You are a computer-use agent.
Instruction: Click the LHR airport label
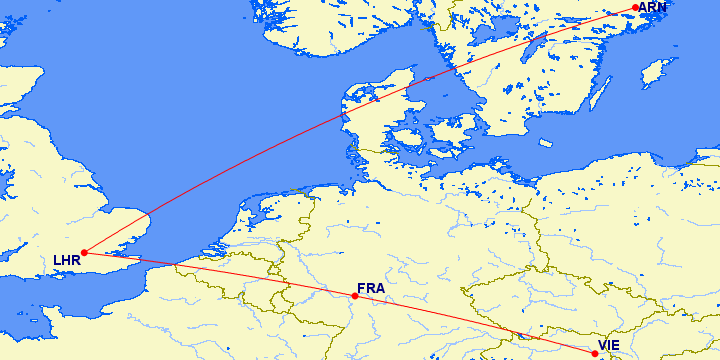(66, 262)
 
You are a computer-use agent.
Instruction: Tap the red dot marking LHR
(84, 252)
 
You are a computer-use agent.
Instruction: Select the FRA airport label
(371, 289)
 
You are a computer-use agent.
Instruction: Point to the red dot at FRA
(355, 296)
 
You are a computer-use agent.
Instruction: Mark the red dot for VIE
(595, 353)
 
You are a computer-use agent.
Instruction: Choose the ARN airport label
(652, 7)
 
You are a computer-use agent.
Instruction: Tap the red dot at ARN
(636, 8)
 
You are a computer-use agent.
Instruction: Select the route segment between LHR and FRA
(220, 273)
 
